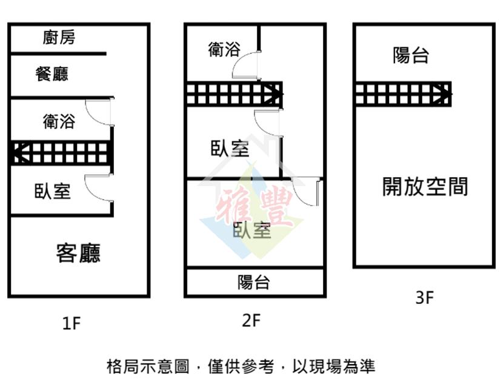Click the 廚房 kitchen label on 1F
coord(59,37)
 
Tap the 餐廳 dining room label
coord(52,74)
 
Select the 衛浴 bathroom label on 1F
coord(59,121)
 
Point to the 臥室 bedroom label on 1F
coord(52,191)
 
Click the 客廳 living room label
coord(78,253)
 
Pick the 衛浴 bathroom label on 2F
coord(224,50)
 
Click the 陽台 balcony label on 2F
coord(253,282)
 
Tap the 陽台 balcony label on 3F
coord(411,55)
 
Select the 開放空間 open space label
coord(425,186)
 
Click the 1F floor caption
coord(72,323)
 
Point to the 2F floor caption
coord(251,320)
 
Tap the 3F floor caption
coord(424,297)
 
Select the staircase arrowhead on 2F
coord(274,94)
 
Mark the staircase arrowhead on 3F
coord(442,94)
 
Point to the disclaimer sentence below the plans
coord(241,367)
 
